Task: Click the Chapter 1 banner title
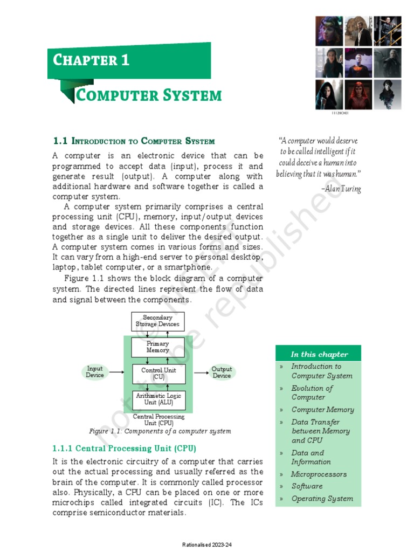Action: pyautogui.click(x=91, y=60)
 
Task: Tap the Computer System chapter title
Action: pyautogui.click(x=149, y=96)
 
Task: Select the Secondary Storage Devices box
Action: pyautogui.click(x=157, y=321)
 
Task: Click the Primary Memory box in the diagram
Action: pyautogui.click(x=157, y=347)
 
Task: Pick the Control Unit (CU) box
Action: pyautogui.click(x=158, y=374)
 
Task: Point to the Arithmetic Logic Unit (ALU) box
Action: pyautogui.click(x=158, y=399)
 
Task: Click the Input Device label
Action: pyautogui.click(x=95, y=372)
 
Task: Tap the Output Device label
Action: pyautogui.click(x=222, y=372)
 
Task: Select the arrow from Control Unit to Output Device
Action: pyautogui.click(x=201, y=372)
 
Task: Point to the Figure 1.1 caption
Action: pyautogui.click(x=160, y=431)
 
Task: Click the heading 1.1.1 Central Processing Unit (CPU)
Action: pyautogui.click(x=124, y=448)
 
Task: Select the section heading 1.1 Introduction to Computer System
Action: pyautogui.click(x=134, y=141)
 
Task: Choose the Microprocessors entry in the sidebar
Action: pyautogui.click(x=319, y=474)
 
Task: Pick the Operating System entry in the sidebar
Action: pyautogui.click(x=322, y=499)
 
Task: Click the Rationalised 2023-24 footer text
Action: pyautogui.click(x=206, y=544)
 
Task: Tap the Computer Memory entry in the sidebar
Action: pyautogui.click(x=322, y=410)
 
